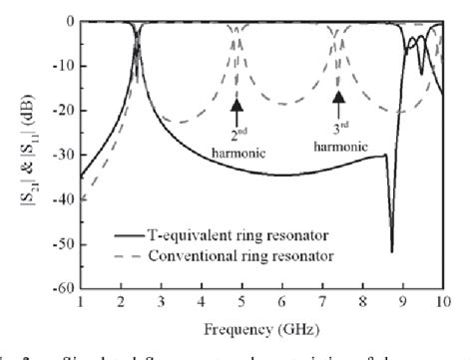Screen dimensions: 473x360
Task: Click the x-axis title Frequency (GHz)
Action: pyautogui.click(x=261, y=328)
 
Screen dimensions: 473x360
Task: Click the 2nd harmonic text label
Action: pyautogui.click(x=237, y=139)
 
